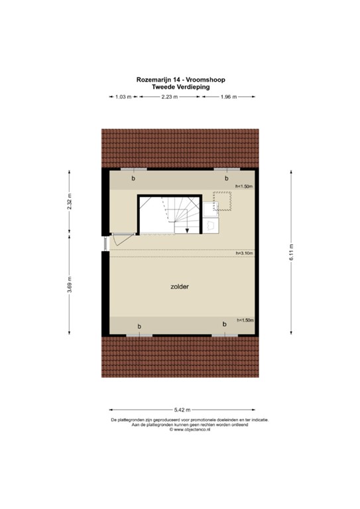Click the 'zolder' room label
(x=180, y=287)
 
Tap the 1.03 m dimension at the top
(x=121, y=97)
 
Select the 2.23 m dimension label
(x=169, y=97)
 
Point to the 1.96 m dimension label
(x=227, y=97)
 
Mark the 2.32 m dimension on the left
(x=69, y=201)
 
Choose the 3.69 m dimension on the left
(x=69, y=290)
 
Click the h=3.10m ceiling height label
(x=245, y=253)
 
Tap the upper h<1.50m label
(x=245, y=187)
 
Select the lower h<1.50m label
(x=245, y=320)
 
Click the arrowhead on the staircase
(x=188, y=231)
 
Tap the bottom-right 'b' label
(x=225, y=324)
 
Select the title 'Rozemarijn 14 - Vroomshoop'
(x=180, y=80)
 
